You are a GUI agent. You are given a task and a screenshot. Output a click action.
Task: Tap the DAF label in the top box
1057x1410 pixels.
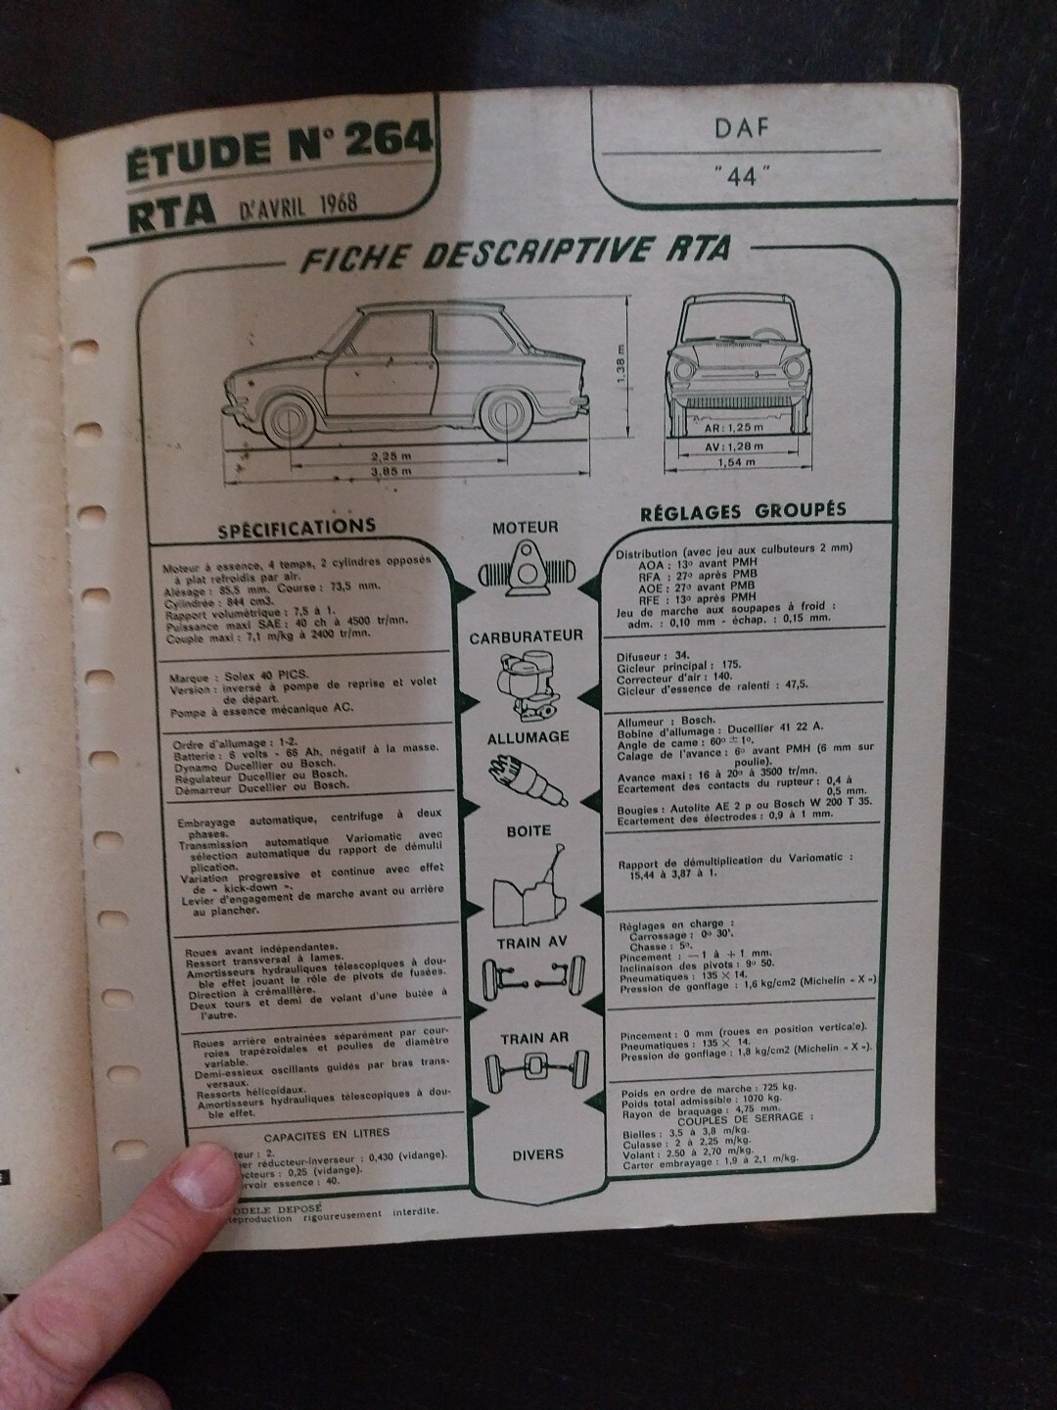[x=741, y=127]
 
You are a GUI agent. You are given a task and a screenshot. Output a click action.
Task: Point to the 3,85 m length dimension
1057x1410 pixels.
[x=389, y=471]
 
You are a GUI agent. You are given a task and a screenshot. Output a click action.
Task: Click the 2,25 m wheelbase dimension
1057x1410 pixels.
[x=389, y=455]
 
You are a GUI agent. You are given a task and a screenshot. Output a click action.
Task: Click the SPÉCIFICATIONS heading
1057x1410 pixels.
[x=297, y=527]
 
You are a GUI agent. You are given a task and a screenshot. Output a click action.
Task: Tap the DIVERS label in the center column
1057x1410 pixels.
[x=537, y=1154]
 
